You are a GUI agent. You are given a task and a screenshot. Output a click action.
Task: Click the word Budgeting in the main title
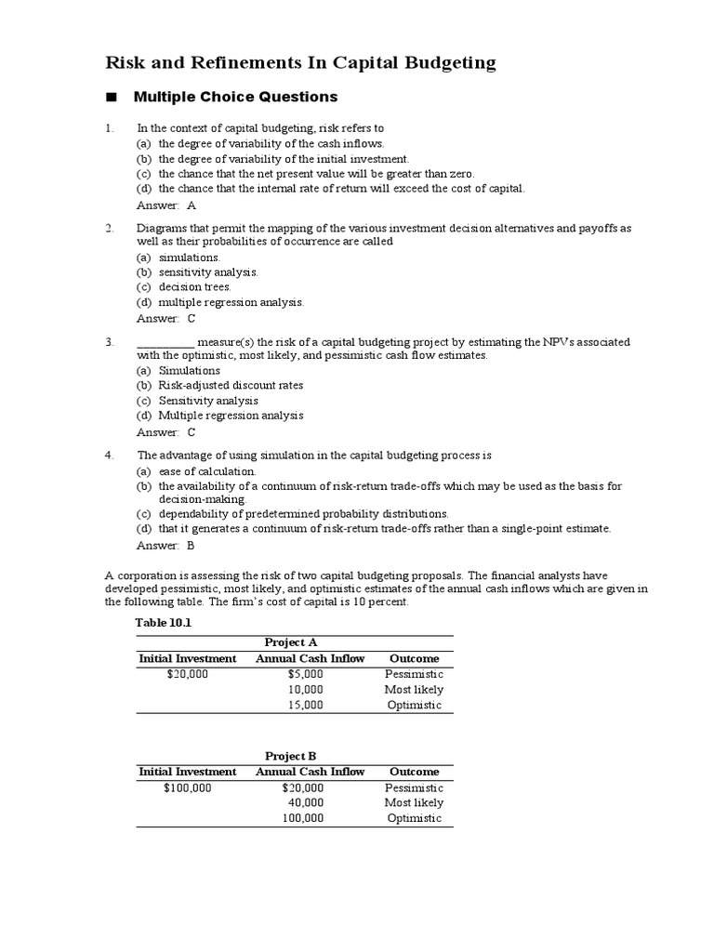click(x=444, y=63)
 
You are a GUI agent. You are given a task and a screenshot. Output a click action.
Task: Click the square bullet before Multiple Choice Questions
click(x=112, y=98)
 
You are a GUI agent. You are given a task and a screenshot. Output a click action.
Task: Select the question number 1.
click(x=109, y=128)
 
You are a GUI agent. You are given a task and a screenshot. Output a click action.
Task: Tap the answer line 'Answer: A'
click(x=166, y=205)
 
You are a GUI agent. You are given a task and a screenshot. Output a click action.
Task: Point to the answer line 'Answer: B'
click(x=165, y=546)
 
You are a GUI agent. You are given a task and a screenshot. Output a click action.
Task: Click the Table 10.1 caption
click(x=163, y=623)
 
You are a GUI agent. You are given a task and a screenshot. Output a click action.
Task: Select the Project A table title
click(x=291, y=642)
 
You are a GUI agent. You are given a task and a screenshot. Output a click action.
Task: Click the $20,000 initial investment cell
click(x=188, y=674)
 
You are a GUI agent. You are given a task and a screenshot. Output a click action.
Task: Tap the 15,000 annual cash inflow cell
click(x=305, y=706)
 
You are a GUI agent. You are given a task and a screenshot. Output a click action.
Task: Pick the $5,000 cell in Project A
click(x=305, y=674)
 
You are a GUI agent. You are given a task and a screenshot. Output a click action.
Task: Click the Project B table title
click(x=291, y=756)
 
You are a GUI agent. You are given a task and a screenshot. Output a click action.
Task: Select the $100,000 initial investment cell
click(x=188, y=787)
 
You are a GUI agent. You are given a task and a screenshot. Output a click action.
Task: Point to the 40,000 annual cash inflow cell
click(x=305, y=802)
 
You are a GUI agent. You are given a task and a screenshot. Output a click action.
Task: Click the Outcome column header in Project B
click(x=414, y=772)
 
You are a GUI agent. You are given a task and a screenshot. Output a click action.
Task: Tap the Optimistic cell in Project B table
click(x=414, y=819)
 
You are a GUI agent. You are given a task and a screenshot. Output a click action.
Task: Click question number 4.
click(x=109, y=456)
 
